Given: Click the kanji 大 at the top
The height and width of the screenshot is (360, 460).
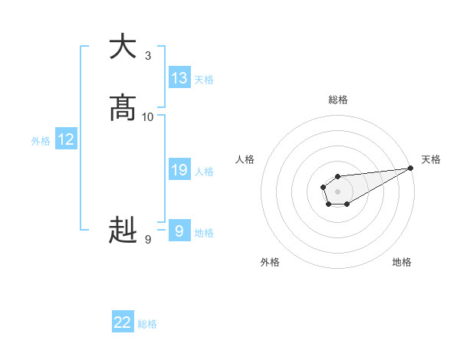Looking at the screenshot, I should point(123,47).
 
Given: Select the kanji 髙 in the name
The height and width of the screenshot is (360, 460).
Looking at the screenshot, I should point(123,110).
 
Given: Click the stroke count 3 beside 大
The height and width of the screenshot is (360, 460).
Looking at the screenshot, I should point(148,56).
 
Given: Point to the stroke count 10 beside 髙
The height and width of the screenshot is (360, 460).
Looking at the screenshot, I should point(148,117).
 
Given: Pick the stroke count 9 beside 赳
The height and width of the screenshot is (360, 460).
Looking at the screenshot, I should point(148,240).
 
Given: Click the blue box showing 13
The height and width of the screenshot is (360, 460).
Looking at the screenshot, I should point(179,78).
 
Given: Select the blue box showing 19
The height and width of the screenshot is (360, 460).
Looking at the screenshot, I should point(179,170).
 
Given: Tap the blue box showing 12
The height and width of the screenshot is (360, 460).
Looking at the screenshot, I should point(66,140).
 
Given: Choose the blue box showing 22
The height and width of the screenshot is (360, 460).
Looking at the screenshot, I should point(123,322).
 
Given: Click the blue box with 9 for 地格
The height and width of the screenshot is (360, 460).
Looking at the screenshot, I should point(179,231).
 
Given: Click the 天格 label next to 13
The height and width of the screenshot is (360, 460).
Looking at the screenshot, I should point(204,80).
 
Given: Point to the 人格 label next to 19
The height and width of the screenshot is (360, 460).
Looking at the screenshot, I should point(204,172).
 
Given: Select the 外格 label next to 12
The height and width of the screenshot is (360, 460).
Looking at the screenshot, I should point(41,141).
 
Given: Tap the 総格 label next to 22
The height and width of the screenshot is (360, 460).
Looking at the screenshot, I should point(147,324).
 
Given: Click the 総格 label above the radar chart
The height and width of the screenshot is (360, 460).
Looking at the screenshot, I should point(338,100).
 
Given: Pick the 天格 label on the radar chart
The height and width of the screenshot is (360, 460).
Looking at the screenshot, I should point(431,159).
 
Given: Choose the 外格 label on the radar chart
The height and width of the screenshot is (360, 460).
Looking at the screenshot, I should point(270,262).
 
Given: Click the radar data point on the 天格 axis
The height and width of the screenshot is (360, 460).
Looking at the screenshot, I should point(410,168).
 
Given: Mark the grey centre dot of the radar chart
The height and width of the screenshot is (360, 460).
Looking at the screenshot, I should point(337,191).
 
